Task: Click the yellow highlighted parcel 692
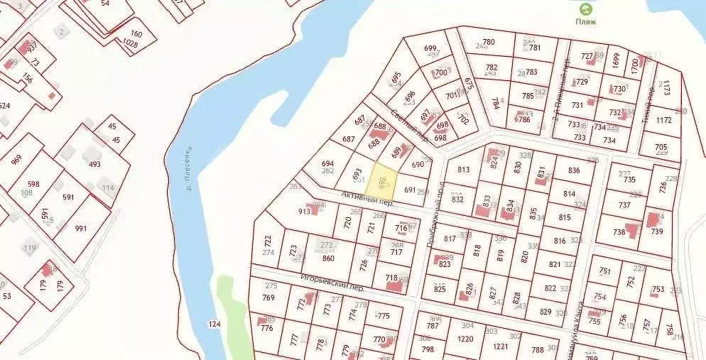pos(383,183)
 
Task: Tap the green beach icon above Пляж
pos(586,9)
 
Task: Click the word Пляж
pos(586,22)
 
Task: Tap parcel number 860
pos(328,258)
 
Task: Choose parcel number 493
pos(94,164)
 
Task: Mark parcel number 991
pos(80,228)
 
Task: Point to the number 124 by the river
pos(214,324)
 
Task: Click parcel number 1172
pos(664,120)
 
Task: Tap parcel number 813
pos(464,170)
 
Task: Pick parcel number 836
pos(574,170)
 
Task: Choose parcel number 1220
pos(465,339)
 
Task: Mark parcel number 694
pos(327,163)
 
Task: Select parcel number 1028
pos(130,43)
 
